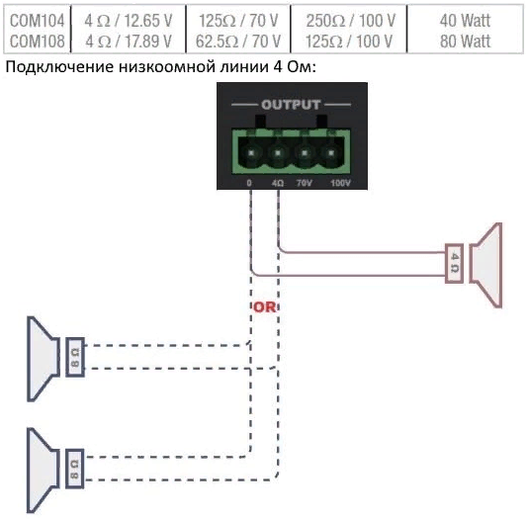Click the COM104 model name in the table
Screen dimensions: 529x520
click(37, 21)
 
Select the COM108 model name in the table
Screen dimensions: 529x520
click(37, 42)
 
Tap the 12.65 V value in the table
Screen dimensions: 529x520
click(147, 21)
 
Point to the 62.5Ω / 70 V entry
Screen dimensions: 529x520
click(238, 42)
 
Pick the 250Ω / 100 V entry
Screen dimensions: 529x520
click(350, 21)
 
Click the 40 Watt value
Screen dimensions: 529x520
click(465, 21)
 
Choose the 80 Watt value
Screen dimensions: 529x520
click(465, 42)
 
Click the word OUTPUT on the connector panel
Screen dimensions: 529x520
click(291, 105)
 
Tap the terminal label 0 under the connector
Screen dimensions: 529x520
click(249, 183)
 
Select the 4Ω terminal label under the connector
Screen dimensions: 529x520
click(277, 183)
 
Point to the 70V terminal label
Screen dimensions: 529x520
click(304, 183)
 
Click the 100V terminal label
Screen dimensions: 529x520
click(340, 183)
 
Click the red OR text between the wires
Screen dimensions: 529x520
click(264, 306)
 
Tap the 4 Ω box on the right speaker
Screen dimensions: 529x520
click(454, 263)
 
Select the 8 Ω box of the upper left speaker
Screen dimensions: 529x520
click(75, 357)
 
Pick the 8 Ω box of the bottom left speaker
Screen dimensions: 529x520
click(75, 469)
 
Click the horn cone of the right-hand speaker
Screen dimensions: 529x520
click(486, 265)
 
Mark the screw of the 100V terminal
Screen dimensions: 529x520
click(331, 153)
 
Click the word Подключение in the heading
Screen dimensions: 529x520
click(59, 67)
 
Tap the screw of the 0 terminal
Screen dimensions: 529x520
click(251, 153)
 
